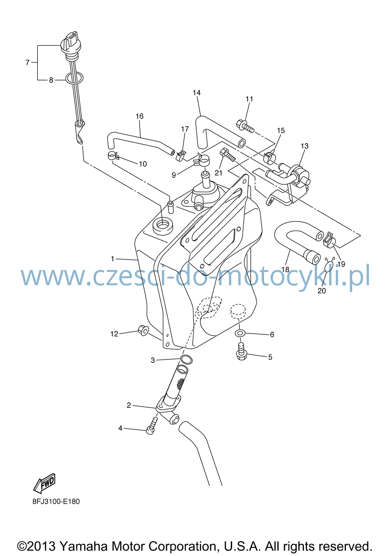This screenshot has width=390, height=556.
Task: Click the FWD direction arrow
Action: click(x=44, y=483)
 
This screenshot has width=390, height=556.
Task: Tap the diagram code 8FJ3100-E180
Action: click(x=56, y=502)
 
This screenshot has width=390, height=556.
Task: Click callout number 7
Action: click(x=28, y=62)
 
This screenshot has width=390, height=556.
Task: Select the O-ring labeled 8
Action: click(x=74, y=78)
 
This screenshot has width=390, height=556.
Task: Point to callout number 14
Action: click(x=197, y=93)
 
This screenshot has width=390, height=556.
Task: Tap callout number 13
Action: click(x=305, y=146)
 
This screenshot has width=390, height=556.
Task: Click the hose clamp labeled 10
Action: click(x=113, y=156)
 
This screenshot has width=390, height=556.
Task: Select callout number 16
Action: click(x=140, y=116)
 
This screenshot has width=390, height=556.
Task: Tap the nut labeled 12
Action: click(x=143, y=330)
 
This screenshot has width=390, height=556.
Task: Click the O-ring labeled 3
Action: click(x=186, y=359)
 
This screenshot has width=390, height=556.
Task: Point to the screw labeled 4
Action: click(x=151, y=425)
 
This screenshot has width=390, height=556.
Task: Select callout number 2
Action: click(x=129, y=405)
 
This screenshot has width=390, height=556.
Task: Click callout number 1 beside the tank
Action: click(x=112, y=259)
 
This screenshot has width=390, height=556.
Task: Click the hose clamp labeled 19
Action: click(x=330, y=240)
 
